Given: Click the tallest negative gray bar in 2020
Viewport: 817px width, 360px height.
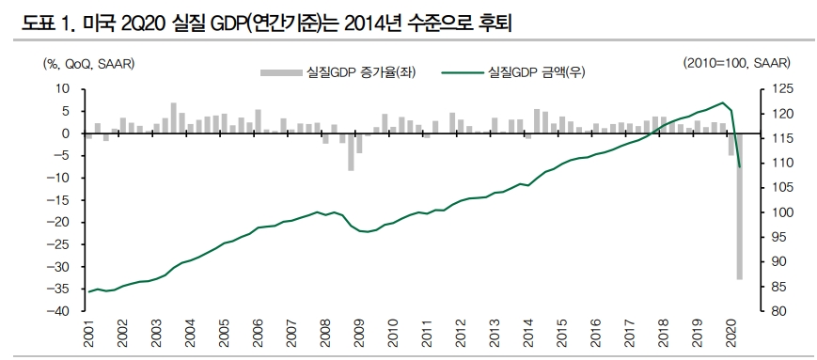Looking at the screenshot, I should click(739, 206).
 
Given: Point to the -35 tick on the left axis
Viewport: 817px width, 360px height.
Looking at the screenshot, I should click(62, 289).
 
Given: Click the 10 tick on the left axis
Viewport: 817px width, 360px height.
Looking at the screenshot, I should click(65, 88).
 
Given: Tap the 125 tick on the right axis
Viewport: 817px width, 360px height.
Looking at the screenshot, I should click(767, 88).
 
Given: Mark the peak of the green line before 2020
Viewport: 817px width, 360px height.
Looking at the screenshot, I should click(722, 102).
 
